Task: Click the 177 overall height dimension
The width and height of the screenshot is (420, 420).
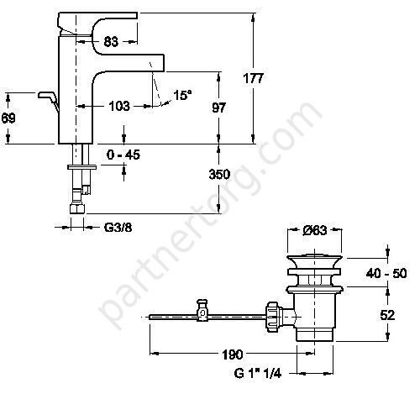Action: pos(254,78)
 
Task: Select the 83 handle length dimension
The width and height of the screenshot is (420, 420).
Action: pos(111,42)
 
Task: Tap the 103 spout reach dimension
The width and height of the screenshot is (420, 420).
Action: pos(119,106)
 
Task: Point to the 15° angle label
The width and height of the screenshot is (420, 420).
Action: pos(182,95)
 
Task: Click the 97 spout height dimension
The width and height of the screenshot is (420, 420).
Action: pos(218,108)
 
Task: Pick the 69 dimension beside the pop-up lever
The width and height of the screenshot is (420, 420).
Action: pos(8,118)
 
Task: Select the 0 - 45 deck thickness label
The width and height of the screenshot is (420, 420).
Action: pos(123,155)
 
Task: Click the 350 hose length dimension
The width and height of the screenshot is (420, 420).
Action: pos(219,174)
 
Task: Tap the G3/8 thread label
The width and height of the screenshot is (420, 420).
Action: pos(118,228)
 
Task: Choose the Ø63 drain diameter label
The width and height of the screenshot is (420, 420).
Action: pos(315,230)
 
